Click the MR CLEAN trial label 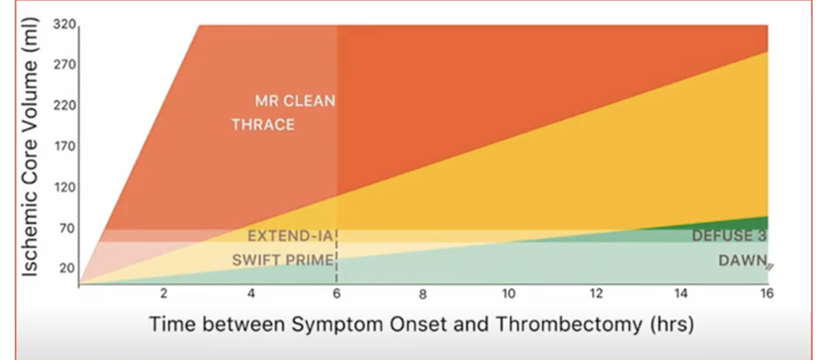(295, 101)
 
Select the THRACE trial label (263, 125)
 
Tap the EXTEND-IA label (290, 236)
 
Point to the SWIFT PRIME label (282, 260)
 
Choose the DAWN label (742, 260)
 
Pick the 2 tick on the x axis (164, 293)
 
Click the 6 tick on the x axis (336, 293)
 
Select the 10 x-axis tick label (508, 293)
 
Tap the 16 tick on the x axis (767, 293)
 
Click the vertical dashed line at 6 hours (337, 264)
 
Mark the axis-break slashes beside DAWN (771, 266)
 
